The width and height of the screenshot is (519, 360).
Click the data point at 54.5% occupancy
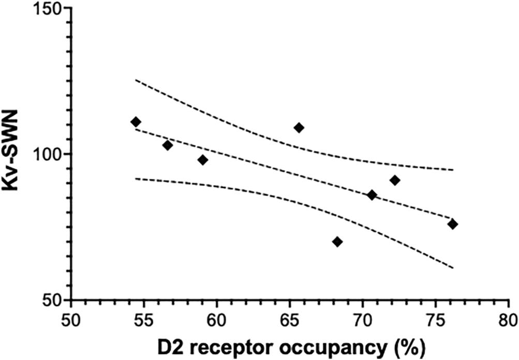pyautogui.click(x=136, y=122)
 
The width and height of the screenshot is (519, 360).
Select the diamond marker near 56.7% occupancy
pyautogui.click(x=168, y=145)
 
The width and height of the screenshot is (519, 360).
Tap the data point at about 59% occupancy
pyautogui.click(x=202, y=160)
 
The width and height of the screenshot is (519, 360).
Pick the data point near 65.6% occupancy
pyautogui.click(x=299, y=128)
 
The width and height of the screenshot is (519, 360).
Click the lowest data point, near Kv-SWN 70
pyautogui.click(x=337, y=242)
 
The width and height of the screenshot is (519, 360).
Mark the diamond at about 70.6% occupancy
pyautogui.click(x=372, y=195)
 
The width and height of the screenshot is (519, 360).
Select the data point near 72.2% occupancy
pyautogui.click(x=395, y=181)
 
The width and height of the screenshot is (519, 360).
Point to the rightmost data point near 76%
pyautogui.click(x=453, y=224)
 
